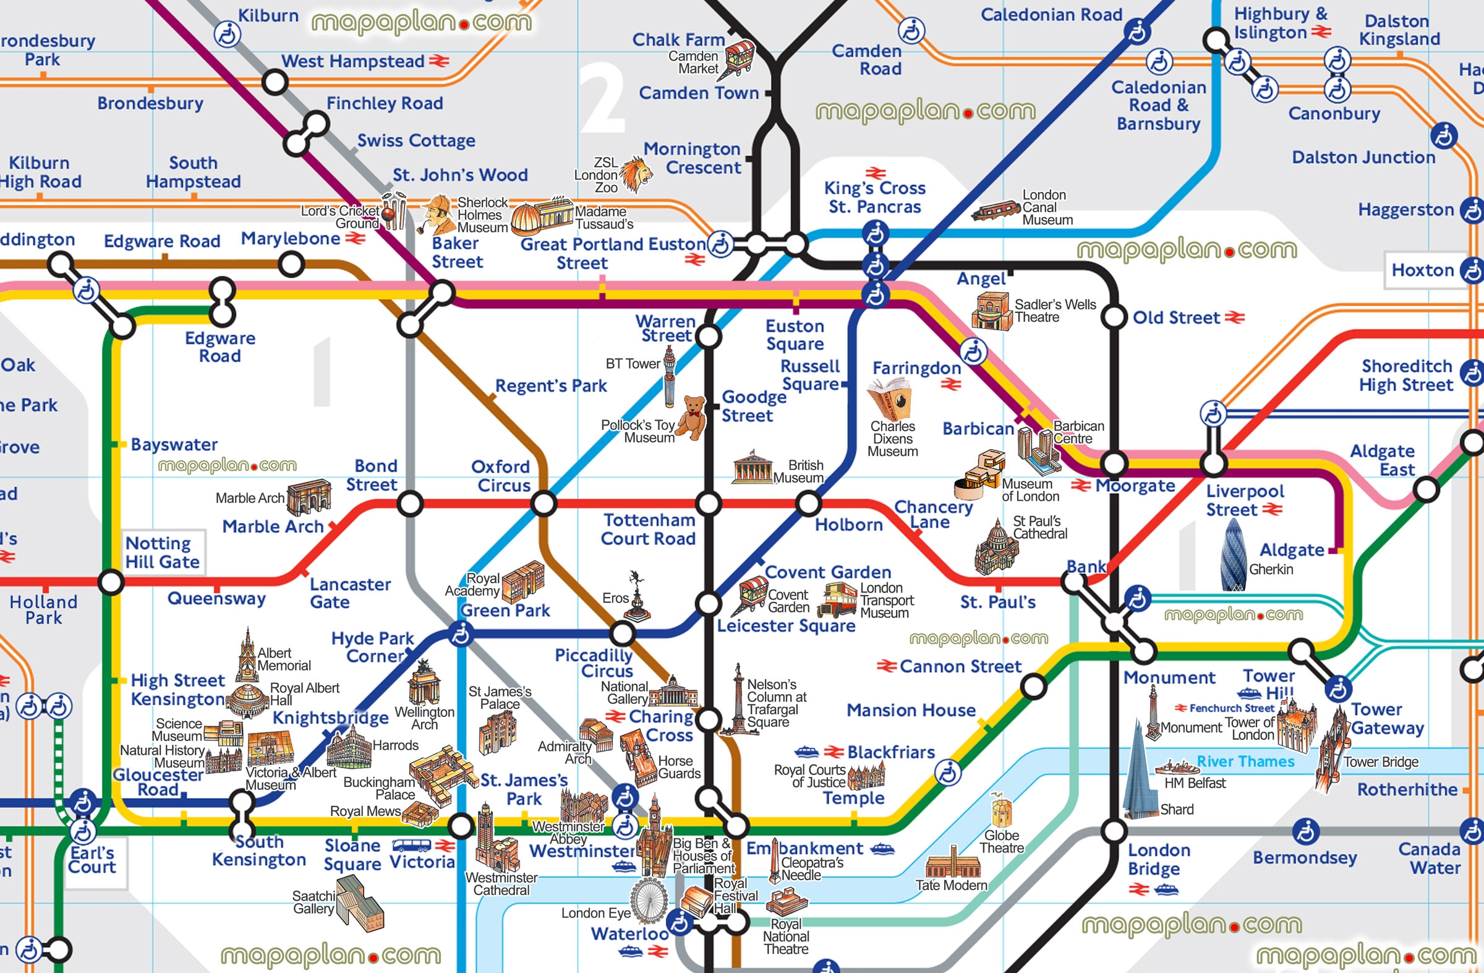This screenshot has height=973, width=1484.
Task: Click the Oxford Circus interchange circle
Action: pos(544,503)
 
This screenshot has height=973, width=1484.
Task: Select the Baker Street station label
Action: pos(457,252)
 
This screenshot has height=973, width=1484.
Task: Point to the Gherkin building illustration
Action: pos(1234,554)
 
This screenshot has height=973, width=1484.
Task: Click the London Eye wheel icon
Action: pos(649,899)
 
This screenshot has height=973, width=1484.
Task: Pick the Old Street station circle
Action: pos(1114,317)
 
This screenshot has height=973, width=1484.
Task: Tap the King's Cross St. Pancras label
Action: pos(874,197)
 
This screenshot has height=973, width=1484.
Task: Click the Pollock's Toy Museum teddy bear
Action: pos(692,418)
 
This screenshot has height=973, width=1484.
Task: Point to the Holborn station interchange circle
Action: pos(809,503)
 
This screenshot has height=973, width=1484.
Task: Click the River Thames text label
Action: pos(1245,761)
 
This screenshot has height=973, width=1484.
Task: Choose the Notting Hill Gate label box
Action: pos(163,552)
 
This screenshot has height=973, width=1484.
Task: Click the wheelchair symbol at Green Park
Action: pos(461,635)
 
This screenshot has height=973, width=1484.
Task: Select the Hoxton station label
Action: pos(1422,270)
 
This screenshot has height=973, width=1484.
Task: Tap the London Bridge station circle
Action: pos(1114,831)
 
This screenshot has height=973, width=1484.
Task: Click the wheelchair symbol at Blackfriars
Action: pos(948,773)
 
